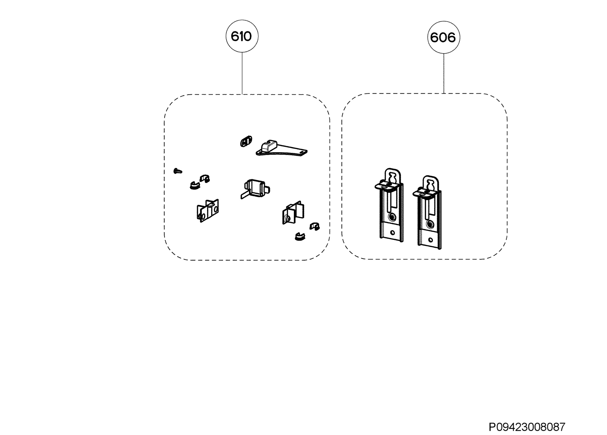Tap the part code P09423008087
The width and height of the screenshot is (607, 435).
point(527,426)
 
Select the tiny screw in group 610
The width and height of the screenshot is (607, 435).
point(178,171)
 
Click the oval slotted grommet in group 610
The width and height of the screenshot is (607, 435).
point(246,141)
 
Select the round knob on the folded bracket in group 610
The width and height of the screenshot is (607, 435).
point(287,219)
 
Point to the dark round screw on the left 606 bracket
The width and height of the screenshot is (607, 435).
point(392,216)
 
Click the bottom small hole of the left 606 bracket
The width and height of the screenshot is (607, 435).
point(393,232)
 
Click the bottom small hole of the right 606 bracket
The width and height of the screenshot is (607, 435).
point(430,240)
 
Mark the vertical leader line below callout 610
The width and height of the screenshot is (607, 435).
point(242,73)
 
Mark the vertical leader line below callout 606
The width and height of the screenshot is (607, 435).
point(444,73)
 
